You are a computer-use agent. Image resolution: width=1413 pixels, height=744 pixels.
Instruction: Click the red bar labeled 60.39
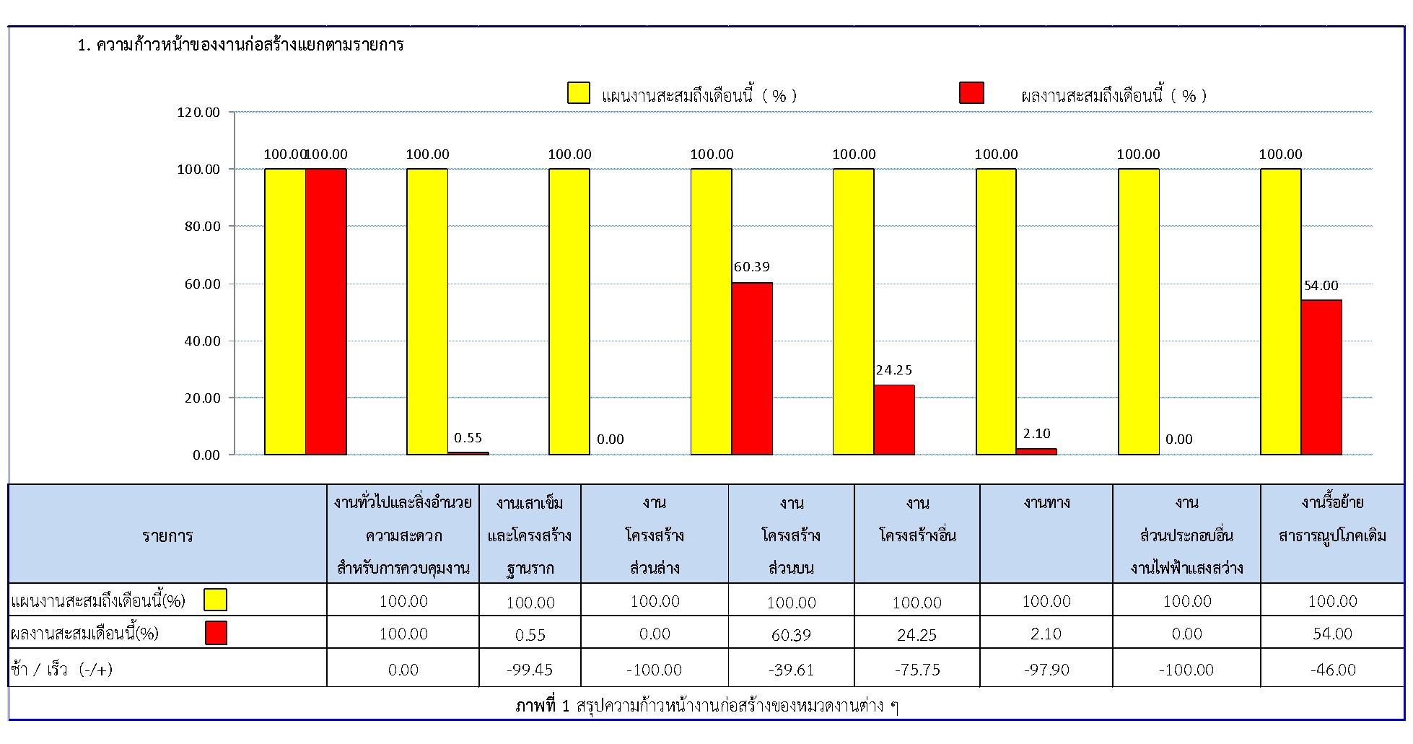coord(752,368)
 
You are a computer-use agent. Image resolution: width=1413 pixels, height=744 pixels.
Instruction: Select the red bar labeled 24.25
coord(894,420)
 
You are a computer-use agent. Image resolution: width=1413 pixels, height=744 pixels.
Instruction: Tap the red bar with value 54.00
coord(1321,377)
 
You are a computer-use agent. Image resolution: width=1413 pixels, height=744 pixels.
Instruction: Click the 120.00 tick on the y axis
coord(198,113)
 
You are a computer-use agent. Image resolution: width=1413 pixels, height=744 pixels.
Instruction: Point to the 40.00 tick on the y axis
coord(198,341)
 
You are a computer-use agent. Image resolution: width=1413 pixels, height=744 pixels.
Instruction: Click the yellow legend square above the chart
coord(579,93)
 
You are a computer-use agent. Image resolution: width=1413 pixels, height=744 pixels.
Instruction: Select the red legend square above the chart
coord(971,93)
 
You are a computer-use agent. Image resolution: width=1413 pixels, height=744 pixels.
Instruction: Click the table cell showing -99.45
coord(530,670)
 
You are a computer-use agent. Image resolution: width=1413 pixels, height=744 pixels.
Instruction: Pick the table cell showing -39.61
coord(792,670)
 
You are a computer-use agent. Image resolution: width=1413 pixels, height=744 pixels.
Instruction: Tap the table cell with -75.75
coord(917,670)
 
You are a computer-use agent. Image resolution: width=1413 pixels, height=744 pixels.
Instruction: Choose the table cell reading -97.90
coord(1046,670)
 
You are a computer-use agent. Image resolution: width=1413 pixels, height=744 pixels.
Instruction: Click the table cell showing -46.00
coord(1333,670)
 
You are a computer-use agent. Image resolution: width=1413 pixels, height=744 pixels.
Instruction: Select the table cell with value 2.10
coord(1046,634)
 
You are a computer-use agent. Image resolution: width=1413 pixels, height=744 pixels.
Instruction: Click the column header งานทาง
coord(1046,503)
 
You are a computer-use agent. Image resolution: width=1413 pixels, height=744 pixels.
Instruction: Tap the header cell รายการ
coord(167,536)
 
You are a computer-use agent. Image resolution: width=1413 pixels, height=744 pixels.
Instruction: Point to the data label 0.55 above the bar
coord(468,438)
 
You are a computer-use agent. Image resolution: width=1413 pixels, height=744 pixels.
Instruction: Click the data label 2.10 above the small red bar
coord(1036,434)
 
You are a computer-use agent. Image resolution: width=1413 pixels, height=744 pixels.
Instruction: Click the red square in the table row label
coord(216,633)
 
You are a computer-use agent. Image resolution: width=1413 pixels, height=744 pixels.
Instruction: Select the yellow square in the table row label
coord(215,600)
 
